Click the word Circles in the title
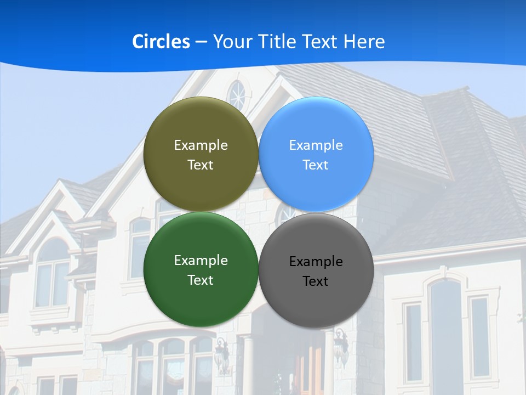click(161, 42)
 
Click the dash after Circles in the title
click(201, 42)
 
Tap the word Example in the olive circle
click(201, 145)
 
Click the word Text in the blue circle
click(316, 165)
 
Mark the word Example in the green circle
click(201, 261)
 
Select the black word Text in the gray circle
click(316, 281)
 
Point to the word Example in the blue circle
click(316, 145)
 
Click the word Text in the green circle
click(201, 280)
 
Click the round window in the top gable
click(237, 94)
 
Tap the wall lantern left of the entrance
click(221, 354)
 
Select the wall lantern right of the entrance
click(341, 346)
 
